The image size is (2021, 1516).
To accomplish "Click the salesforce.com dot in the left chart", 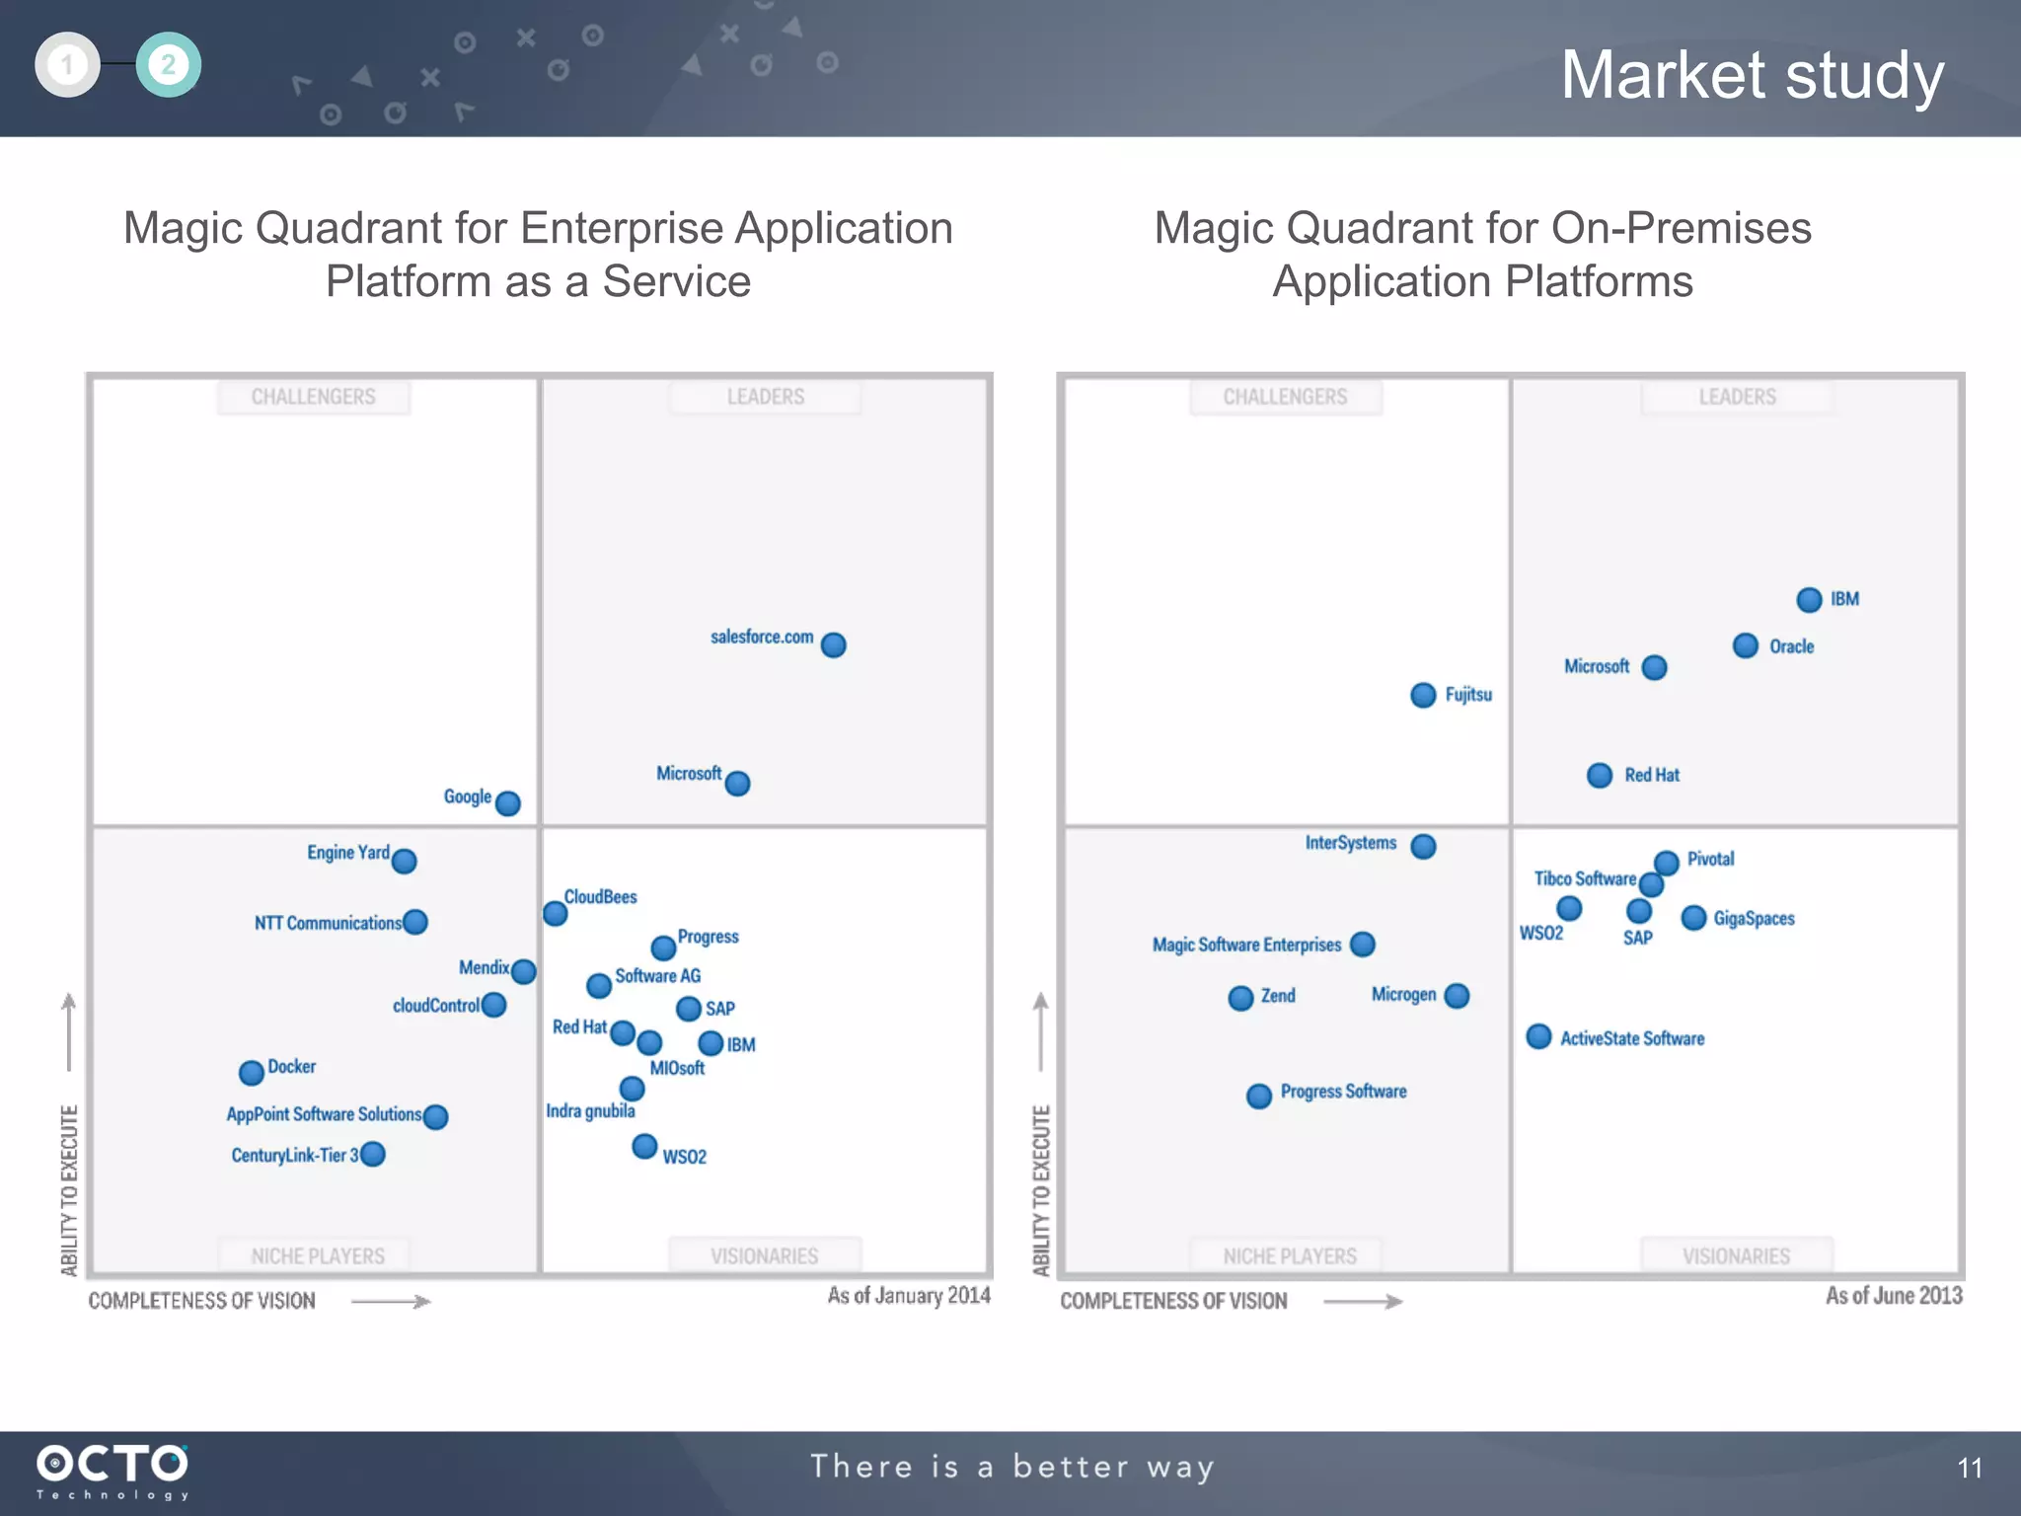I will point(833,644).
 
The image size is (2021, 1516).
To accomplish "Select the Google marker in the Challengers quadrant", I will point(507,802).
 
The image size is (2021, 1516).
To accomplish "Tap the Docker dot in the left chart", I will point(251,1072).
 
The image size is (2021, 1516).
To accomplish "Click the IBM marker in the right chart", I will point(1808,599).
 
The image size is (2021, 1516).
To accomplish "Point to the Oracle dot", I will point(1745,645).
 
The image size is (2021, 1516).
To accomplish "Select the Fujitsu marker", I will point(1422,695).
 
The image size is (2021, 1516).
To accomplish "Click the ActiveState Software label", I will point(1631,1038).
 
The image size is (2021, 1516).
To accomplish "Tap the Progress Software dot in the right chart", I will point(1258,1096).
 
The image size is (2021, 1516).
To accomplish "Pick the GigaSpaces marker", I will point(1693,918).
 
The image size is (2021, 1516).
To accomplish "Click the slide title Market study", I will point(1752,75).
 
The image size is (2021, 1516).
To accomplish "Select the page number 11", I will point(1969,1469).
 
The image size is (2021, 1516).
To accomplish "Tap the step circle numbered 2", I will point(168,65).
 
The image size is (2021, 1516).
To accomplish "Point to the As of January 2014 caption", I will point(908,1295).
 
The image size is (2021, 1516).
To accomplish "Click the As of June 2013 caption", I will point(1893,1295).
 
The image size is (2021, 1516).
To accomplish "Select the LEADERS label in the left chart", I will point(765,397).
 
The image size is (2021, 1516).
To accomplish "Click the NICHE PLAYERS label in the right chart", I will point(1289,1255).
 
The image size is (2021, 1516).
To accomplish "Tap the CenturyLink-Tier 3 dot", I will point(372,1154).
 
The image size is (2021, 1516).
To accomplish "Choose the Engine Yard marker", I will point(404,861).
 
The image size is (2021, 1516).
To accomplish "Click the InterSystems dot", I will point(1422,846).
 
